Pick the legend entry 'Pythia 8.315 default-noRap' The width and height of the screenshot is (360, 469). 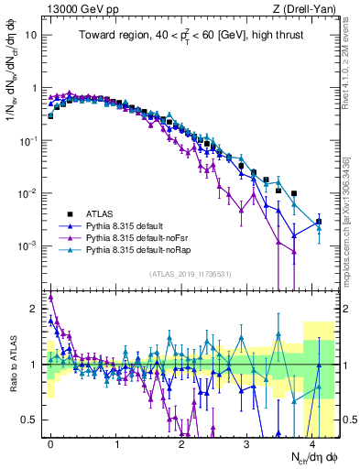coord(136,248)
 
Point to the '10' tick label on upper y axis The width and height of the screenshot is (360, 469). coord(31,36)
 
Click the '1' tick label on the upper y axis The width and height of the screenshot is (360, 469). coord(34,89)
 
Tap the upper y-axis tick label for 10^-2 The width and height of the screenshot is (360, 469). coord(28,193)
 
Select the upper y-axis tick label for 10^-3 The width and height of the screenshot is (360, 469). coord(28,246)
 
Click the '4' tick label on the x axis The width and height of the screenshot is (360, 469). coord(313,441)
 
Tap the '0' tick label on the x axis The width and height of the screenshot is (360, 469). coord(50,441)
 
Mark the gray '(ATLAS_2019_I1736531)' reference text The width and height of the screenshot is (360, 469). coord(191,275)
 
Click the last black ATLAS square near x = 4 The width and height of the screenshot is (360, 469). coord(319,222)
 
